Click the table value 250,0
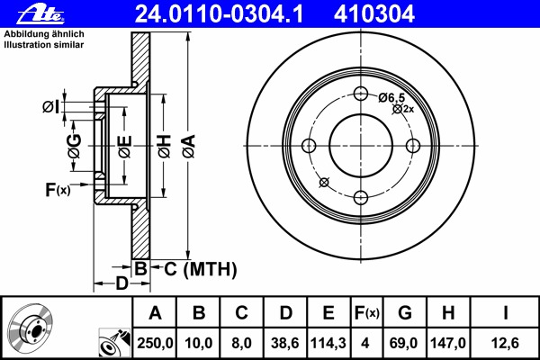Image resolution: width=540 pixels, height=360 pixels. [x=155, y=343]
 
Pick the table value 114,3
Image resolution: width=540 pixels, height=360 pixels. [x=328, y=343]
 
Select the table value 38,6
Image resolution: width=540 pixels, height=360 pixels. [x=284, y=343]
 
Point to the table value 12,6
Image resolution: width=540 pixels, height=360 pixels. [x=506, y=343]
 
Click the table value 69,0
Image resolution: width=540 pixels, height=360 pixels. [x=406, y=343]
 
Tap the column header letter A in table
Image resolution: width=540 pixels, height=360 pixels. [x=155, y=313]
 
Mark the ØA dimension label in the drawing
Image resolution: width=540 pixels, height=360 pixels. [x=187, y=145]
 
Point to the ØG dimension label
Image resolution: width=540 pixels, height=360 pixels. [x=75, y=145]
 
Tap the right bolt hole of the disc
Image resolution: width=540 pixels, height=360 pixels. [x=414, y=146]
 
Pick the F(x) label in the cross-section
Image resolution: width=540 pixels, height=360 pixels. [x=57, y=190]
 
